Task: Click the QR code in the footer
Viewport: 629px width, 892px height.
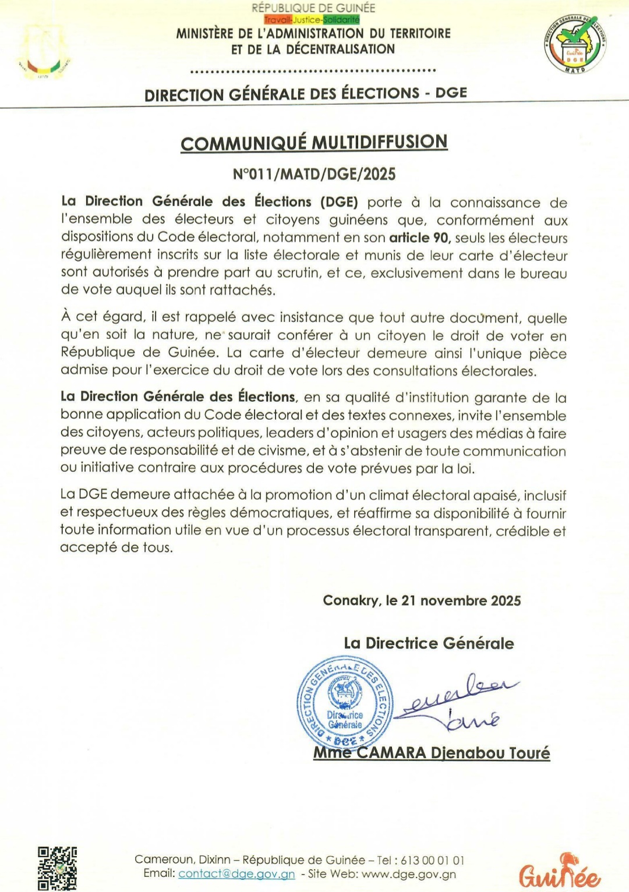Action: (57, 868)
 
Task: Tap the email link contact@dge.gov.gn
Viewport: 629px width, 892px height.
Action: (236, 874)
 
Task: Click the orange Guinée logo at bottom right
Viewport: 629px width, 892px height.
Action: (559, 872)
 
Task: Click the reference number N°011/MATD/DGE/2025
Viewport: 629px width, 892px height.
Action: (314, 174)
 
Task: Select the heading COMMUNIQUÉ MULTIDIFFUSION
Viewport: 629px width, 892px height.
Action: (314, 143)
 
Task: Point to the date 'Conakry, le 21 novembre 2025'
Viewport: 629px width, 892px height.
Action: (422, 600)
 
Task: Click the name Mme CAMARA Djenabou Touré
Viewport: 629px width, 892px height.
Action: (432, 753)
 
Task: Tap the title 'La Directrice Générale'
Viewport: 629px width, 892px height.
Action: (429, 643)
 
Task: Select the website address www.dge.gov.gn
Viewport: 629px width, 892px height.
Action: (408, 874)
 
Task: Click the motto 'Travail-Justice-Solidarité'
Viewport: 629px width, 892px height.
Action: (312, 20)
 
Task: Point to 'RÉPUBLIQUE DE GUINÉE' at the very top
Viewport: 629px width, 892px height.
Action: (313, 8)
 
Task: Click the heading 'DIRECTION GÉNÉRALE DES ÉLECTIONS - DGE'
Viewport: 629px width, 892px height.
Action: (306, 94)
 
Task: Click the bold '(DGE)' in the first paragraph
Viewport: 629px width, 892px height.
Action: (339, 202)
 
